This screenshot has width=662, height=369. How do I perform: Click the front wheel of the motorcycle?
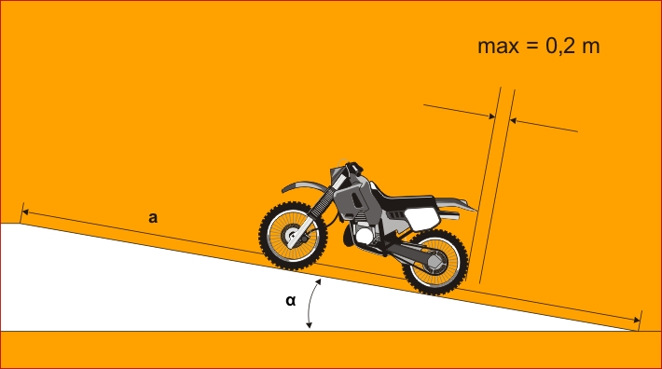(x=293, y=236)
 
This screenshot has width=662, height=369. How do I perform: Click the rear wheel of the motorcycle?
(x=435, y=262)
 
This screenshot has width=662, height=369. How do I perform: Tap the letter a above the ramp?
(x=153, y=218)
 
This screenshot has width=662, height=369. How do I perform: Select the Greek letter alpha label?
(x=291, y=301)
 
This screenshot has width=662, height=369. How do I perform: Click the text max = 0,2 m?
(x=538, y=46)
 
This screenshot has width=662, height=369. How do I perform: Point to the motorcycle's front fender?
(x=304, y=186)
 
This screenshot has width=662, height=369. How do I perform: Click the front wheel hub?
(x=293, y=236)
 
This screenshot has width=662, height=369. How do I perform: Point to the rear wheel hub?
(x=435, y=262)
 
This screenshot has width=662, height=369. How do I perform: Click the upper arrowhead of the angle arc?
(x=318, y=281)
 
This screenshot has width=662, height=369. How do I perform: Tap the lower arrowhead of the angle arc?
(x=309, y=325)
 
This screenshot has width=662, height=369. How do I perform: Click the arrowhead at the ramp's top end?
(x=24, y=212)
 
